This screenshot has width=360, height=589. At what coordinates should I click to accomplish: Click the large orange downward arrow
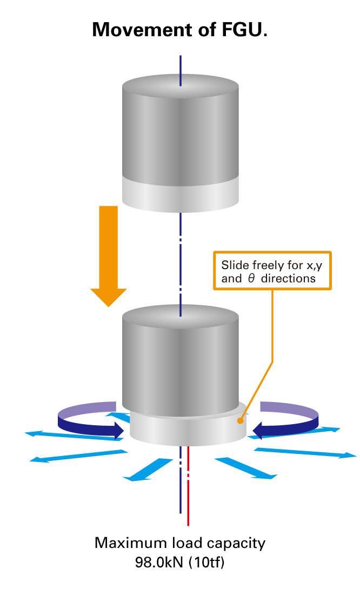pyautogui.click(x=108, y=256)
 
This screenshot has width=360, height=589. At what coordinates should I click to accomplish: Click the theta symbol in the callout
pyautogui.click(x=251, y=278)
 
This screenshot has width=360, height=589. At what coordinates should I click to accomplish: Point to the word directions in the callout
pyautogui.click(x=288, y=278)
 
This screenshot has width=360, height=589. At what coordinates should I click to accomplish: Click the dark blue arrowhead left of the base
pyautogui.click(x=119, y=431)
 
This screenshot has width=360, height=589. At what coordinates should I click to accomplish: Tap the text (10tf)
pyautogui.click(x=206, y=563)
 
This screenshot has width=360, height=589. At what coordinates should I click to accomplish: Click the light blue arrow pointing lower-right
pyautogui.click(x=246, y=468)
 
